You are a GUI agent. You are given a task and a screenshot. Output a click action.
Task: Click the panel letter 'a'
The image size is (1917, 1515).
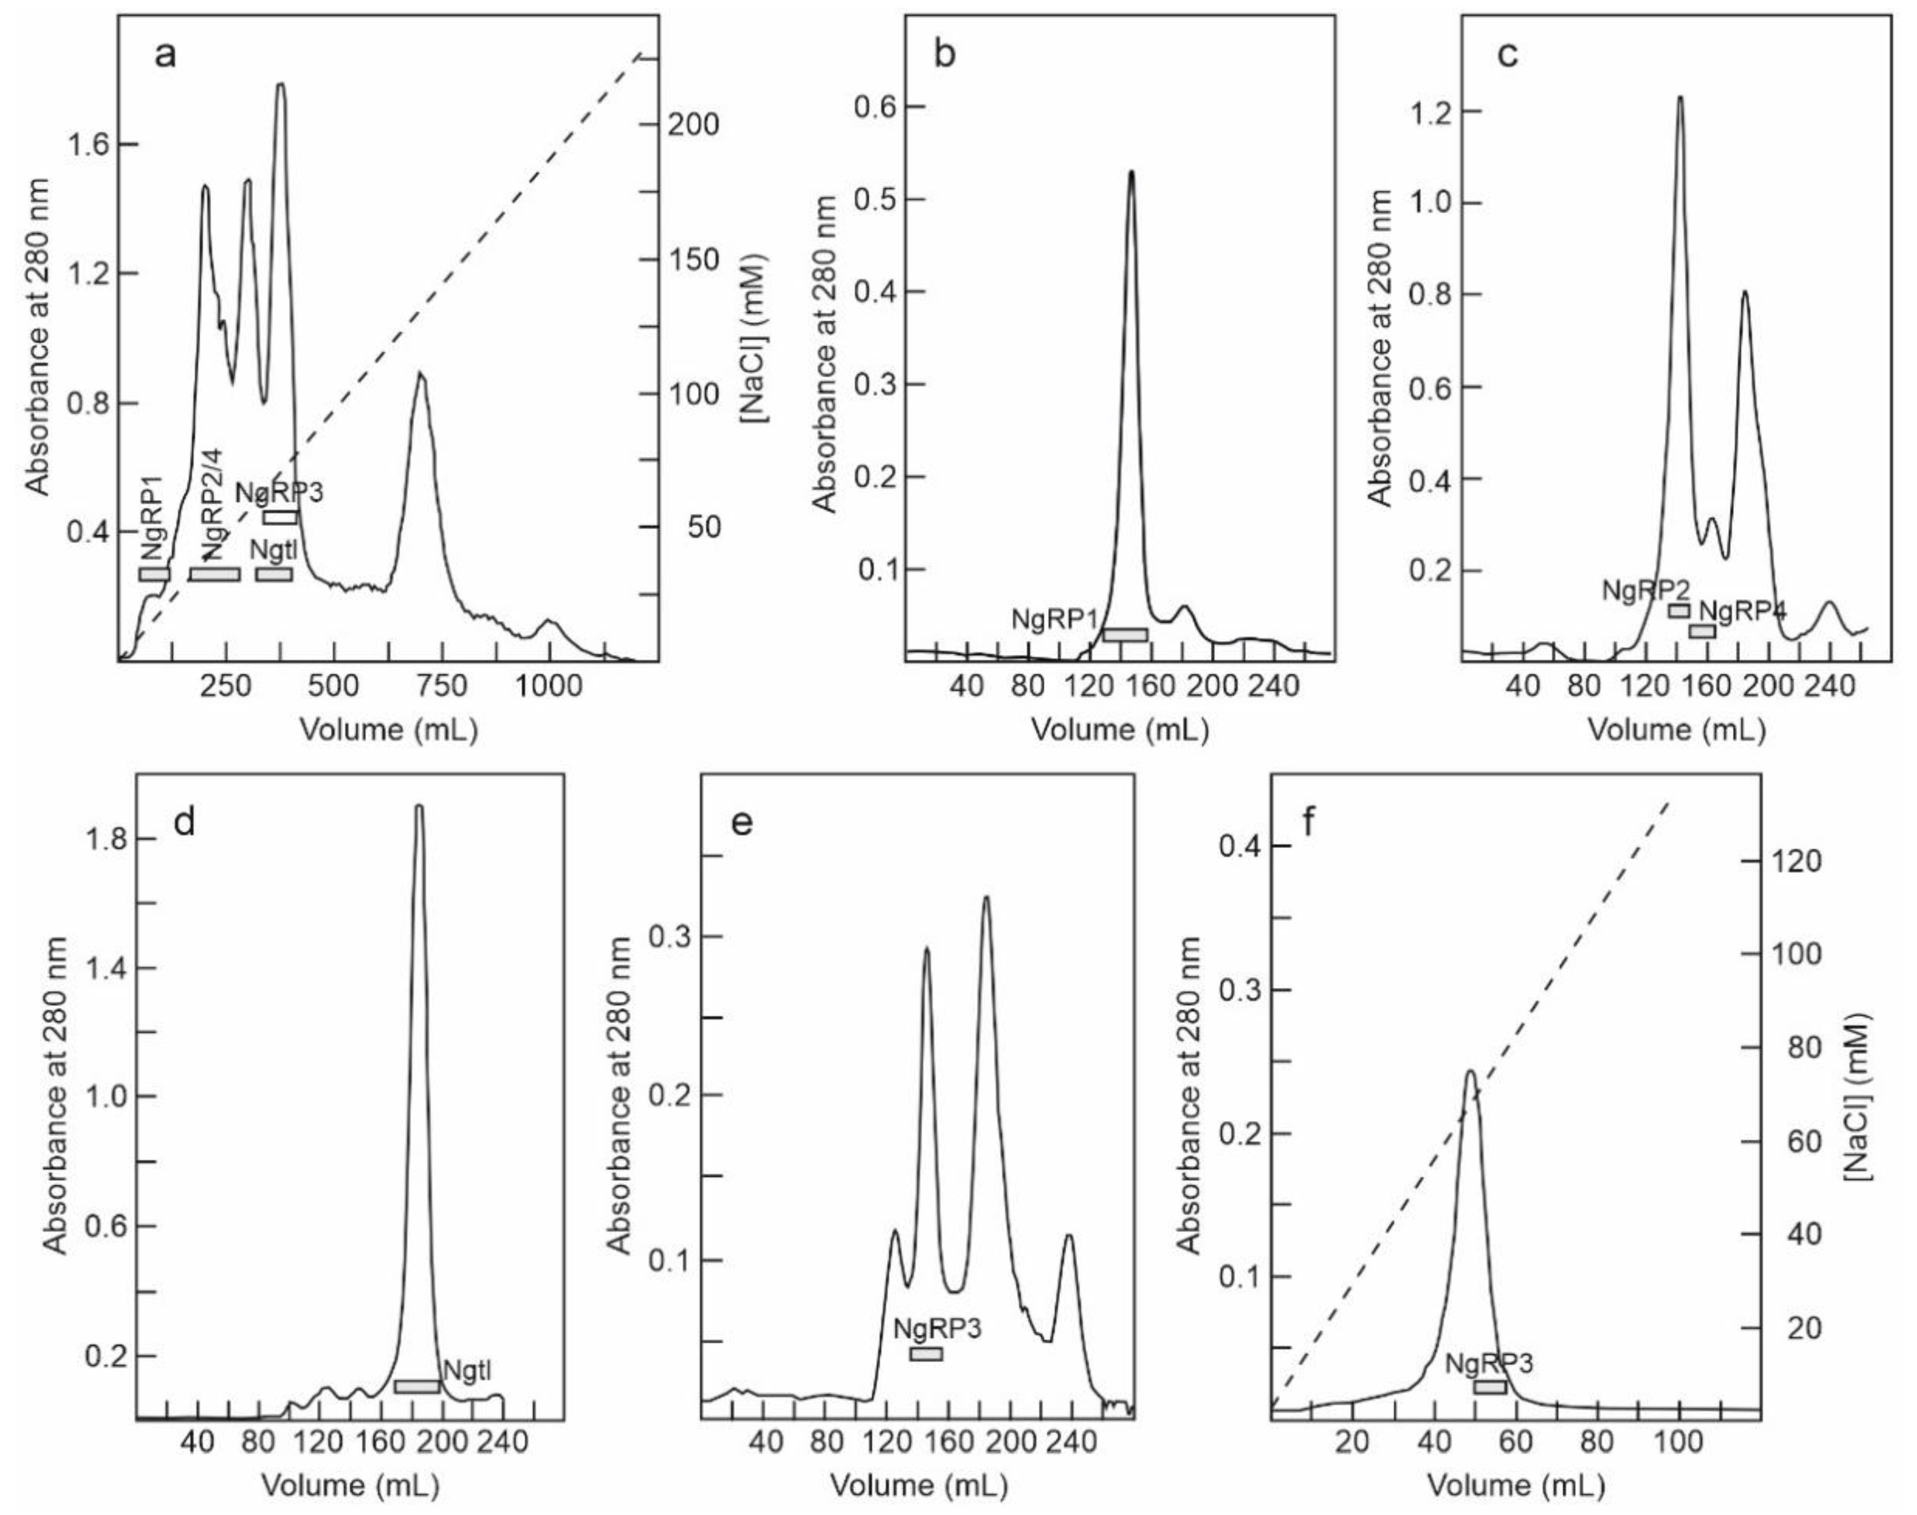(x=165, y=55)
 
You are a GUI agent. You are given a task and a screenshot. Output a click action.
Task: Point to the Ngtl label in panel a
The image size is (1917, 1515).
(x=273, y=550)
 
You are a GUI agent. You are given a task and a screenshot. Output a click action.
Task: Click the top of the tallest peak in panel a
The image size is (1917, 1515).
(x=281, y=85)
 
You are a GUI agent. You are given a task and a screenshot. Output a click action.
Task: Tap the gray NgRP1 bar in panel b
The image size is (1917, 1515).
(x=1125, y=634)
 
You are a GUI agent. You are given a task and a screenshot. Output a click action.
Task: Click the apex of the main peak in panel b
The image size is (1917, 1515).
(x=1131, y=172)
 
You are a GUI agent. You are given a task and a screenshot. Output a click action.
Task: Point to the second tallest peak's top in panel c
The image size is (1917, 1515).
(x=1744, y=292)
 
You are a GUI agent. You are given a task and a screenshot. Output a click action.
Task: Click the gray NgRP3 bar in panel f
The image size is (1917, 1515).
(x=1490, y=1387)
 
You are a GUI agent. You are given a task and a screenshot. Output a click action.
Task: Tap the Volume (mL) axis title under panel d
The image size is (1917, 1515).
(x=350, y=1485)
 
